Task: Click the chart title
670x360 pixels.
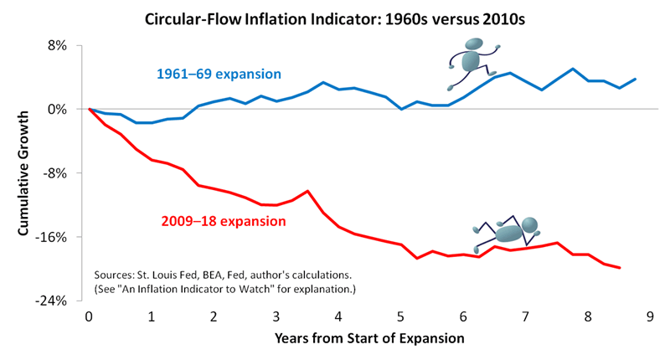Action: [x=334, y=17]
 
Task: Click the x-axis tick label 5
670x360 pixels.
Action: [x=401, y=317]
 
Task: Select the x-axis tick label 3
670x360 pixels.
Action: [x=276, y=317]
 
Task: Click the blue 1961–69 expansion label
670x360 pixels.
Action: [x=219, y=74]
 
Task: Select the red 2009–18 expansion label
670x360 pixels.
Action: [x=224, y=222]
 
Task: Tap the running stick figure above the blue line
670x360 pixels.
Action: [x=471, y=65]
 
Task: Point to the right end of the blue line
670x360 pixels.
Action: [x=636, y=79]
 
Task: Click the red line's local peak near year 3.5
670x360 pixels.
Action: [x=308, y=191]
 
